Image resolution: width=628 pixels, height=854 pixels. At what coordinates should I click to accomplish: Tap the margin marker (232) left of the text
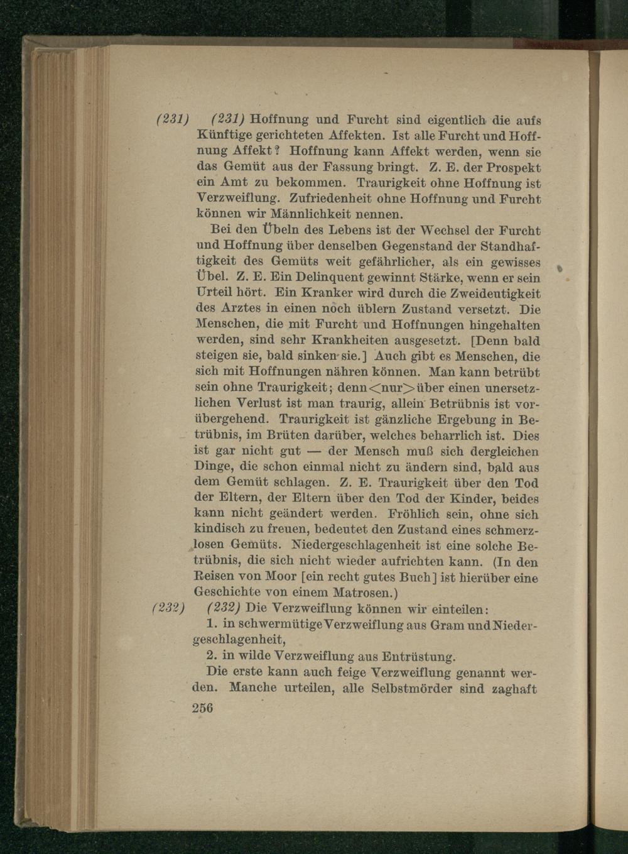168,609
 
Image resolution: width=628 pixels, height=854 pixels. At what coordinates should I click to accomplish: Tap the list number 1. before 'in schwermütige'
212,625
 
